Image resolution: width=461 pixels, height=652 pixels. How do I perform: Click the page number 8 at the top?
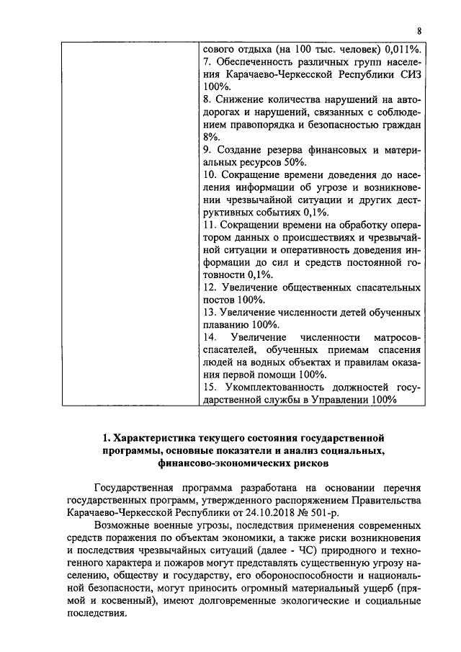[x=419, y=32]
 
